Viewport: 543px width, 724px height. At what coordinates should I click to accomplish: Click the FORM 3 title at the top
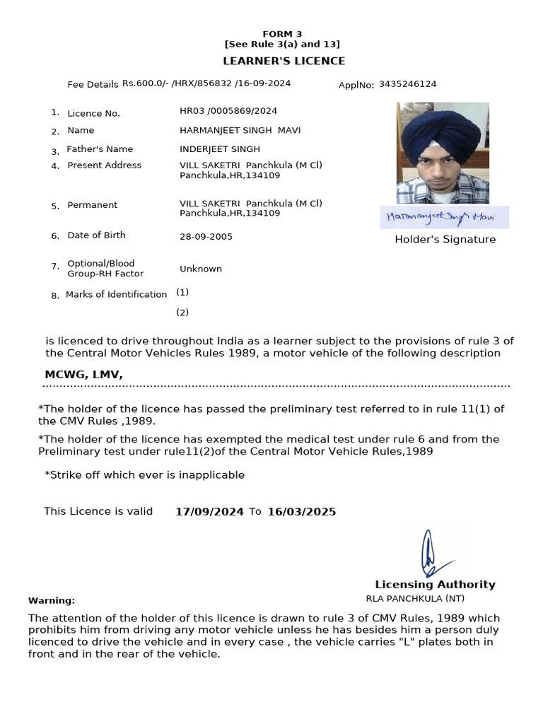click(282, 34)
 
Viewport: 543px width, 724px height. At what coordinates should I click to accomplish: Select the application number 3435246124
click(407, 84)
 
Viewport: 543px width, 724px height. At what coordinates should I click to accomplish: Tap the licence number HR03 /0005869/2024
click(228, 111)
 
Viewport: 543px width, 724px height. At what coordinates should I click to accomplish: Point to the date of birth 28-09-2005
click(206, 237)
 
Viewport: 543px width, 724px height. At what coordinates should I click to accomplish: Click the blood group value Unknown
click(201, 269)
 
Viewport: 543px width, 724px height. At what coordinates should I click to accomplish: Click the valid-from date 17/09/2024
click(209, 512)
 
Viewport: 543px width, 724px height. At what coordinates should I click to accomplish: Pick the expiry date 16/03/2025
click(301, 512)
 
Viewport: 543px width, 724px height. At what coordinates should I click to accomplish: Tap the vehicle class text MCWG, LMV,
click(83, 375)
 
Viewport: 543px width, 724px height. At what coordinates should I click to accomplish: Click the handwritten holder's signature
click(444, 216)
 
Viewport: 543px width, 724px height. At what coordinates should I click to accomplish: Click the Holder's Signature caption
click(445, 240)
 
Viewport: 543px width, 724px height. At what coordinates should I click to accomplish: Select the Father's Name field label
click(100, 149)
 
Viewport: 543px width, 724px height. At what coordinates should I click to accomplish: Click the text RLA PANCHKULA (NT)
click(405, 598)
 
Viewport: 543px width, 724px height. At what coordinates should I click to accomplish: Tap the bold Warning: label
click(52, 600)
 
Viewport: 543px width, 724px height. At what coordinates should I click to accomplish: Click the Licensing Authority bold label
click(435, 585)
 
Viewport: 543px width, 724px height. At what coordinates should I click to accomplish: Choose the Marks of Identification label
click(116, 295)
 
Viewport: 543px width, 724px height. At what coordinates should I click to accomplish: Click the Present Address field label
click(104, 165)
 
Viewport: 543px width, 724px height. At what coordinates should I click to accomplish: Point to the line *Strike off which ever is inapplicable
click(144, 475)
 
